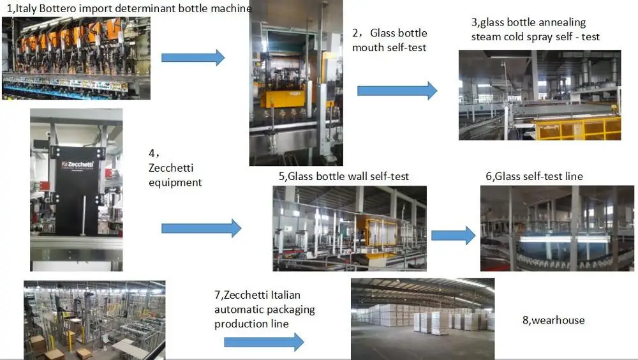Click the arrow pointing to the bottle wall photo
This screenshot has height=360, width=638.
coord(201,228)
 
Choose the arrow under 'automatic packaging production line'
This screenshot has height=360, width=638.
coord(263,342)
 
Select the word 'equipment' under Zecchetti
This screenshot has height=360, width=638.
coord(175,183)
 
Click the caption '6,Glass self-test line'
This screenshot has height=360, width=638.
coord(534,176)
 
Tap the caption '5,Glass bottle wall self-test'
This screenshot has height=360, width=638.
coord(344,176)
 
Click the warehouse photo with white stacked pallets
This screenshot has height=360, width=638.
coord(422,318)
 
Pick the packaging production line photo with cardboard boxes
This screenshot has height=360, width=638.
coord(94,319)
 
